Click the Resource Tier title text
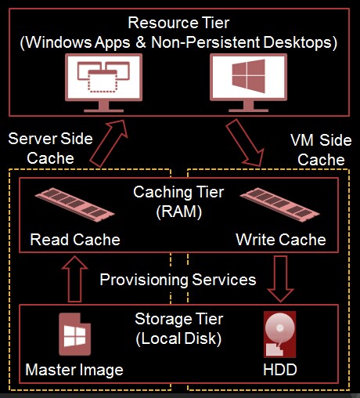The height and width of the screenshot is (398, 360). pos(178,23)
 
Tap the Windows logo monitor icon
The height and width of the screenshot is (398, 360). pos(248,82)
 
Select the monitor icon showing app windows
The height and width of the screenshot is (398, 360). pos(103,82)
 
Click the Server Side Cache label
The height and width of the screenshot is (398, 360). pos(50,148)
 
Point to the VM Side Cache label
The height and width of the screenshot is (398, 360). pos(321,150)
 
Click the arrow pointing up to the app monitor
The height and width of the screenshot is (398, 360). pos(109,143)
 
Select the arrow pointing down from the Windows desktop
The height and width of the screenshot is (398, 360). pos(245,143)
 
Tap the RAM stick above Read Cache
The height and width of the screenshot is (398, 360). pos(74,204)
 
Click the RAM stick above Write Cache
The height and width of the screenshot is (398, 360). pos(279,204)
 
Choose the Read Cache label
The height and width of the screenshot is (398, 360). pos(75,240)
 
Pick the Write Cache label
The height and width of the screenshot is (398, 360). pos(281,240)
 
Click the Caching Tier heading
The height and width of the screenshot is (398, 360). pos(178,192)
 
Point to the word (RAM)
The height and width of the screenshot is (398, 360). pos(178,212)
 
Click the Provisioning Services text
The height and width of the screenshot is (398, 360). pos(178,280)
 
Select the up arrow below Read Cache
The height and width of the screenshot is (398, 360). pos(74,279)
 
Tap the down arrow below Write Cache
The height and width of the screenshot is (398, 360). pos(280,279)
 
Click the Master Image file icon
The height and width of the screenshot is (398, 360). pos(74,335)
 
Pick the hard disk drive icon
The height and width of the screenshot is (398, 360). pos(279,335)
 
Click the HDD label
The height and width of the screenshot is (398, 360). pos(280,370)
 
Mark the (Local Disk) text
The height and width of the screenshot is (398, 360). pos(178,338)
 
